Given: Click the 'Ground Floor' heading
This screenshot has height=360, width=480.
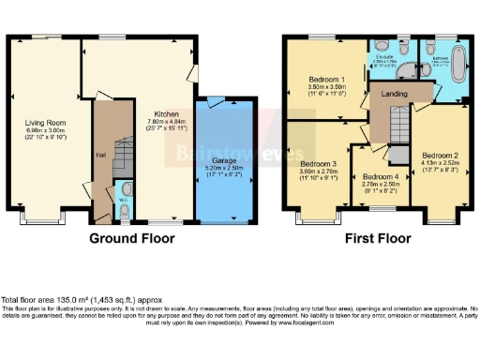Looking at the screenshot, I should pyautogui.click(x=132, y=239).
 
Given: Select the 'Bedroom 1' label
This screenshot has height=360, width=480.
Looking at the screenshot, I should pyautogui.click(x=328, y=80).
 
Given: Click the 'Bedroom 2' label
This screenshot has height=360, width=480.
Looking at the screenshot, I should pyautogui.click(x=440, y=155).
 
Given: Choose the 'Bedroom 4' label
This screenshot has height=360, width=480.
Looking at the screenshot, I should pyautogui.click(x=381, y=177).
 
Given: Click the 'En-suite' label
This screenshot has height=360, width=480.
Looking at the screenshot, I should pyautogui.click(x=383, y=57).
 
